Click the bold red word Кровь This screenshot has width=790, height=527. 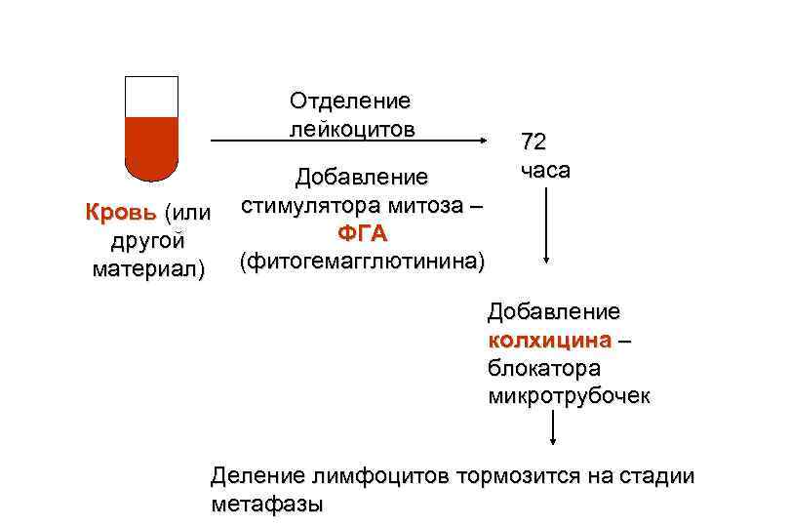click(122, 212)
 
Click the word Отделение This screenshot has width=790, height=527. click(350, 101)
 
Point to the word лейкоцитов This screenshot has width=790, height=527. click(350, 128)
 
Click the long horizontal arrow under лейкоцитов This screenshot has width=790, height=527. click(351, 142)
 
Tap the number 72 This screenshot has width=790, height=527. click(533, 142)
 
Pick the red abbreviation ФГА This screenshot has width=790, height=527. click(362, 234)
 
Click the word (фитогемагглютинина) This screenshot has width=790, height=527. click(362, 262)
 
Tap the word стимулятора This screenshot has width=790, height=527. click(311, 206)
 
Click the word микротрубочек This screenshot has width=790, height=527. click(569, 396)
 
